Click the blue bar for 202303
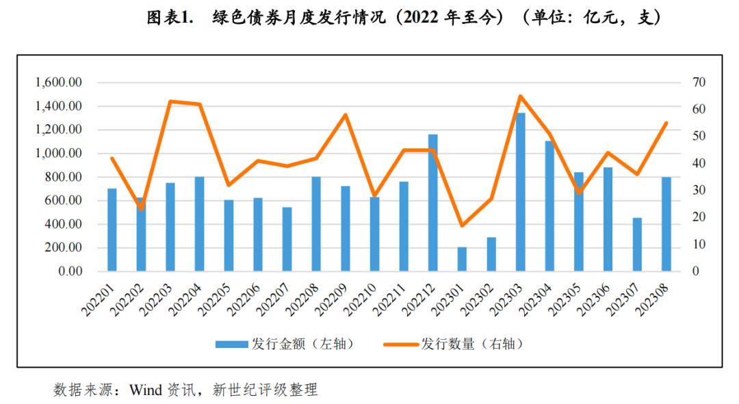click(x=520, y=192)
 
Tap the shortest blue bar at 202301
click(x=462, y=259)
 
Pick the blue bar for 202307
click(x=637, y=244)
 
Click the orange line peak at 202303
click(x=520, y=96)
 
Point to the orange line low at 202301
click(x=462, y=225)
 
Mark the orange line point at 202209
click(x=346, y=114)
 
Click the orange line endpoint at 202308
click(x=666, y=123)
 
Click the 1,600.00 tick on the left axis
click(x=59, y=83)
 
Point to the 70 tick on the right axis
click(x=699, y=83)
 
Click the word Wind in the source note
click(x=145, y=390)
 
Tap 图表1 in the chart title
click(x=168, y=18)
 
